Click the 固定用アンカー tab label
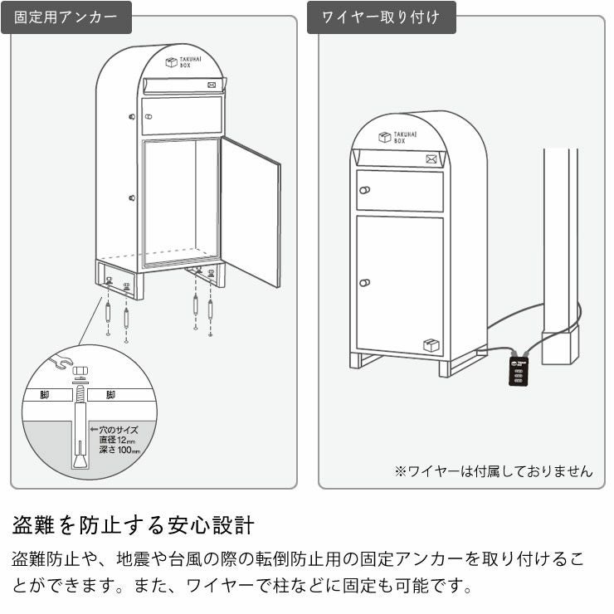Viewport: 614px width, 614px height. (x=66, y=17)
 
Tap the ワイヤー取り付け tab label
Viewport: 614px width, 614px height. (x=382, y=17)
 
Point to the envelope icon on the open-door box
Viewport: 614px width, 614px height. (x=212, y=84)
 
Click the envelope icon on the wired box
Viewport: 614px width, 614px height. (x=431, y=158)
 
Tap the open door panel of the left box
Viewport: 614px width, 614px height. (x=251, y=212)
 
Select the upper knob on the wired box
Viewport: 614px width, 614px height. (x=363, y=190)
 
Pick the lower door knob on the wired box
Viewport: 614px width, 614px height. (x=363, y=283)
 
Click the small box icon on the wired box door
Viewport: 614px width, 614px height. (x=430, y=345)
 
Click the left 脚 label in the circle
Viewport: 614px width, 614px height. (x=44, y=396)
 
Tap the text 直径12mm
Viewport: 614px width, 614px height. (x=119, y=440)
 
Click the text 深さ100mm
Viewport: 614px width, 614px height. (x=119, y=451)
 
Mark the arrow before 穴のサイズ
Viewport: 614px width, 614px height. (x=94, y=430)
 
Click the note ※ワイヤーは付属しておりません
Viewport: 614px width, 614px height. (x=493, y=471)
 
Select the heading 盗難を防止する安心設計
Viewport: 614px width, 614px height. (x=133, y=525)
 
